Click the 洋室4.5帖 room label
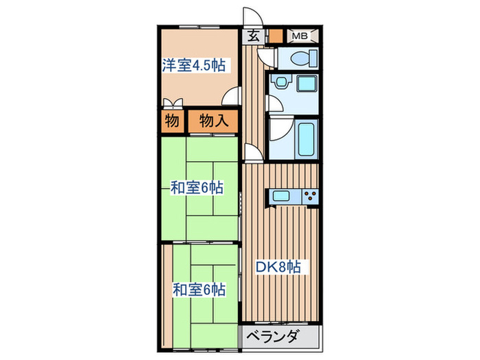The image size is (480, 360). pos(195,66)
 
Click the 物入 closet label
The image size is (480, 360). pos(213,121)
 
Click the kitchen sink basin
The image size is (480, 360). pos(282,196)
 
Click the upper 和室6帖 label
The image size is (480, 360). pos(197,187)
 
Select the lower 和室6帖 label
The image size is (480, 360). pos(197,289)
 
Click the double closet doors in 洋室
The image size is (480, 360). pos(173,104)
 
